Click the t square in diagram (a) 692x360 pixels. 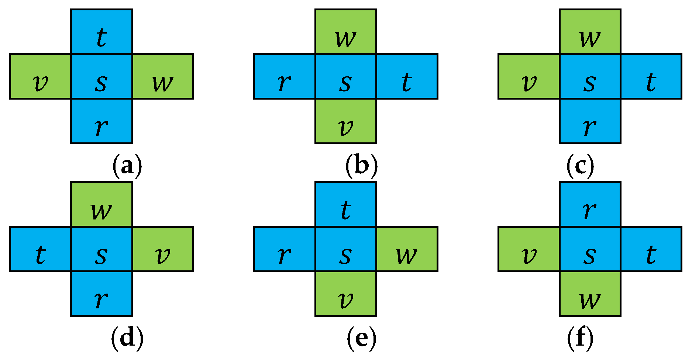[x=101, y=32]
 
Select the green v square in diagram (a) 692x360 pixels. [x=40, y=76]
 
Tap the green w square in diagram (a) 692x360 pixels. [x=163, y=76]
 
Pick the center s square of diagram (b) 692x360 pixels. [x=346, y=76]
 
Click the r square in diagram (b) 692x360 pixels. [x=285, y=76]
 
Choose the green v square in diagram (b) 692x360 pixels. [x=346, y=121]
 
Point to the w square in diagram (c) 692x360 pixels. [x=590, y=32]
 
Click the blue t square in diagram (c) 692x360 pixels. [x=651, y=76]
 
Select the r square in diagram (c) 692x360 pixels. [x=590, y=121]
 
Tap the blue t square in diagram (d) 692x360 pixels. [x=40, y=249]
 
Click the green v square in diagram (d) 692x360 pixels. [x=163, y=249]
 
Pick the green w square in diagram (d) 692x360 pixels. [x=101, y=204]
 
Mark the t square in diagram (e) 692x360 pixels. [x=346, y=204]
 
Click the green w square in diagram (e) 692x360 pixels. [x=407, y=249]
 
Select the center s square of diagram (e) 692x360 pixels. [x=346, y=249]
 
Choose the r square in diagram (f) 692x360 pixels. [x=590, y=204]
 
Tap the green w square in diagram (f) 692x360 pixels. [x=590, y=294]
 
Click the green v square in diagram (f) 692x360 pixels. [x=529, y=249]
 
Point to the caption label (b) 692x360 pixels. [x=361, y=166]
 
